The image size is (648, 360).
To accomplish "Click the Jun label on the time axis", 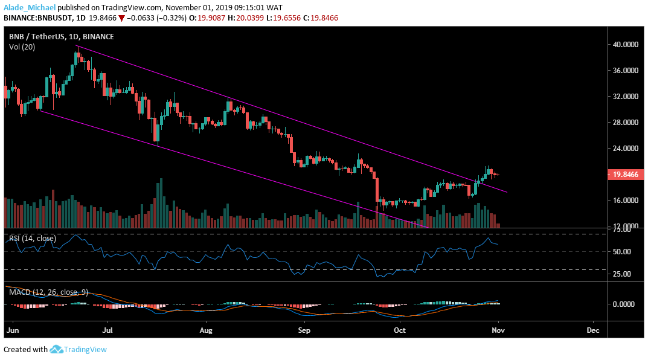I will [x=11, y=331].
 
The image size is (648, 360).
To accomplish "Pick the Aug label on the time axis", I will [x=206, y=331].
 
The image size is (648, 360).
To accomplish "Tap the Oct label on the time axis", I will [x=399, y=331].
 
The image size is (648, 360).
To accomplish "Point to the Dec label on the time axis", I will [x=593, y=331].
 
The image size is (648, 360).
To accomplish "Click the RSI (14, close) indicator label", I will [x=33, y=239].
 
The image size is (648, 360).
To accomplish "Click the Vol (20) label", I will [x=21, y=47].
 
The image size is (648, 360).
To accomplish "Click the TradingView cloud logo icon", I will [x=57, y=349].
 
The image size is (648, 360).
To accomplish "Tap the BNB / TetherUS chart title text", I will [x=42, y=36].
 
